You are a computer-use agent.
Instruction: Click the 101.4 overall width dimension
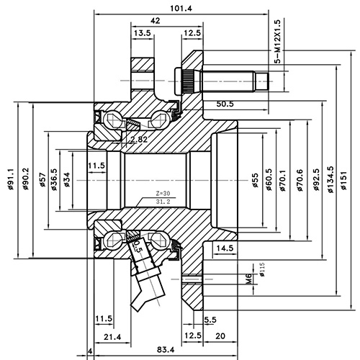[x=181, y=8]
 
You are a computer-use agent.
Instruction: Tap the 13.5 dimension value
[x=142, y=33]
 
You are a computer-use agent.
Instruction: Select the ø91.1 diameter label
[x=11, y=181]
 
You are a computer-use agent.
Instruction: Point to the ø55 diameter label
[x=255, y=177]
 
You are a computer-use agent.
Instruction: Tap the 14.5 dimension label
[x=225, y=248]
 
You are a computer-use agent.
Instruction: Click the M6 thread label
[x=248, y=278]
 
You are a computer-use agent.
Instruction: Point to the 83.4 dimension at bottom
[x=165, y=351]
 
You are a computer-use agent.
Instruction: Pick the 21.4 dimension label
[x=111, y=337]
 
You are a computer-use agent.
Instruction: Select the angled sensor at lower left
[x=148, y=277]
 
